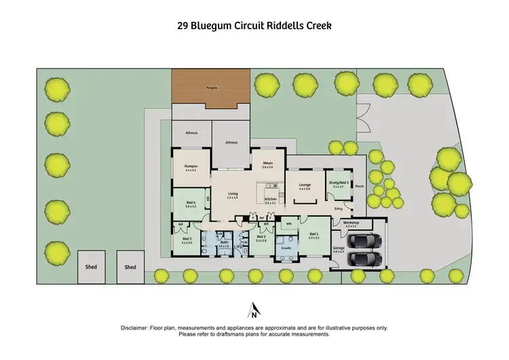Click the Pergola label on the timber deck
tap(210, 88)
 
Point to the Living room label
tap(233, 194)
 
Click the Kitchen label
tap(270, 200)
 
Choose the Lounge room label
tap(304, 185)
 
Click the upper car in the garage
tap(365, 241)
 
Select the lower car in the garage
tap(365, 259)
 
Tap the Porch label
tap(360, 186)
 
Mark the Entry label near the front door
tap(339, 209)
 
